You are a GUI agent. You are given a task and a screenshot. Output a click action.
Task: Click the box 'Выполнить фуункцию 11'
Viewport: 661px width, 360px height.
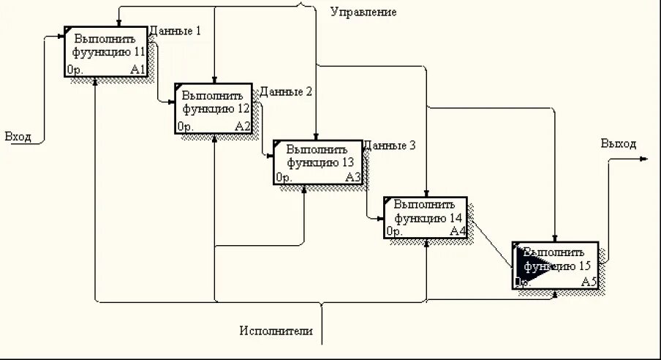107,51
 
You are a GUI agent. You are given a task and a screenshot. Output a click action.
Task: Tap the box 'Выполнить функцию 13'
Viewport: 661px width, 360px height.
318,162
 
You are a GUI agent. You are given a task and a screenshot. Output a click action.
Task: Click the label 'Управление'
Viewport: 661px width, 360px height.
363,12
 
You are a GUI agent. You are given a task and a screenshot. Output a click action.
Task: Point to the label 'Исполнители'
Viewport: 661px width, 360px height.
276,331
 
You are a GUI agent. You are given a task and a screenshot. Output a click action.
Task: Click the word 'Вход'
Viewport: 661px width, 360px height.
18,137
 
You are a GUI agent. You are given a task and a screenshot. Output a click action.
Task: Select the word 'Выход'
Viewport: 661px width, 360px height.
619,144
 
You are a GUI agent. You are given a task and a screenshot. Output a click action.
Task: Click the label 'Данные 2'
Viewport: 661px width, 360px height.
286,91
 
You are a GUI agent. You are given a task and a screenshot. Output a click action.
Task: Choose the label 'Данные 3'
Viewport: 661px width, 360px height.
389,146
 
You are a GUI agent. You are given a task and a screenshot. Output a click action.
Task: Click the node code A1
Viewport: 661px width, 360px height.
138,70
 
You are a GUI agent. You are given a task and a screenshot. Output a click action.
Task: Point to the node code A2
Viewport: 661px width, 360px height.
243,126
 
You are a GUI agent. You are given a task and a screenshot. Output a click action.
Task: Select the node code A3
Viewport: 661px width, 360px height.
353,177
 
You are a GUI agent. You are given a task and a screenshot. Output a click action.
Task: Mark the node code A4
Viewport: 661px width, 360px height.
458,232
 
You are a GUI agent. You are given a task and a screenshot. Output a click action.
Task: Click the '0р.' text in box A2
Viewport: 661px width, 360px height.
185,127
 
